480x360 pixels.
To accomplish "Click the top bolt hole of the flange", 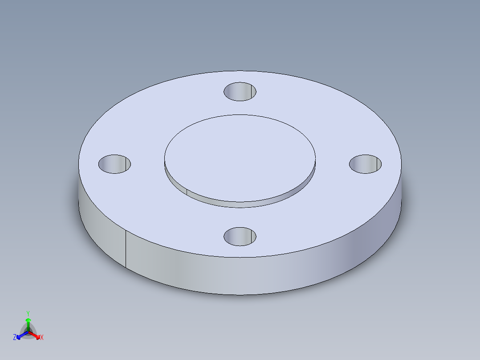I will click(x=240, y=91).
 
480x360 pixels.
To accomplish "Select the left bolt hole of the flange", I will click(x=114, y=164).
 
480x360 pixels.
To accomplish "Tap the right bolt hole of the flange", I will click(x=365, y=164).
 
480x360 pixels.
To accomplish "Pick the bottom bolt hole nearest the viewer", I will click(x=240, y=236).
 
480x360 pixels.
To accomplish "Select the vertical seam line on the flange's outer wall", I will click(x=126, y=250).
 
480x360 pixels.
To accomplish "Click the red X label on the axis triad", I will click(x=42, y=338).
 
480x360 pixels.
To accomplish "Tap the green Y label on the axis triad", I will click(x=28, y=313).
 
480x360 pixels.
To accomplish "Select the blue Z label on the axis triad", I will click(x=15, y=338).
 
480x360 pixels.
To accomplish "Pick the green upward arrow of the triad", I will click(x=28, y=322).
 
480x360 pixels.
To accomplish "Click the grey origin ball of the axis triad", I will click(x=28, y=332).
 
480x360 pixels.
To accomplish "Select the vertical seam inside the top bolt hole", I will click(x=255, y=91).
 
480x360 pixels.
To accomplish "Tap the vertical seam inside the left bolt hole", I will click(x=130, y=164).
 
